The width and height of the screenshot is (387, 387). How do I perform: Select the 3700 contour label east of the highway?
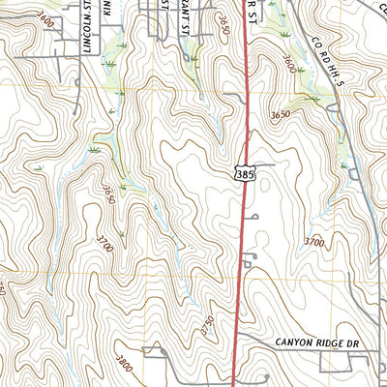pos(313,241)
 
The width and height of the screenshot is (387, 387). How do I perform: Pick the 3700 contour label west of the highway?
pos(104,243)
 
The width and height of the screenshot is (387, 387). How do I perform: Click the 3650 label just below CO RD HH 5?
pos(281,114)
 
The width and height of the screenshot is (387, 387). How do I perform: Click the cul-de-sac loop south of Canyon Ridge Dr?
pos(263,376)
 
